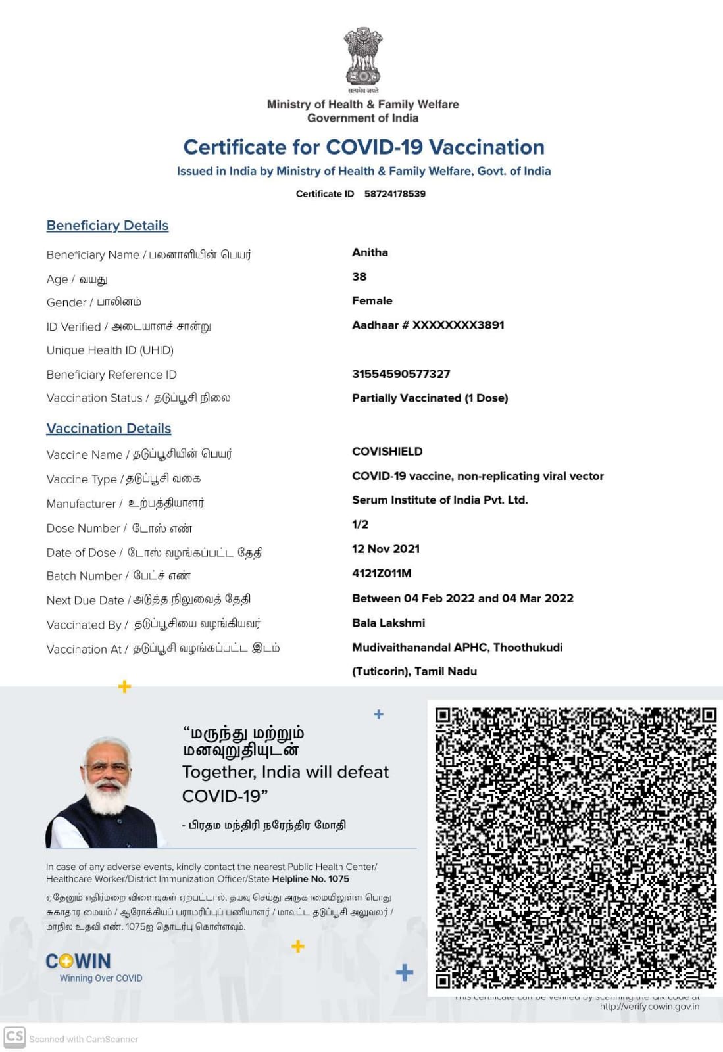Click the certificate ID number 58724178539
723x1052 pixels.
[x=395, y=194]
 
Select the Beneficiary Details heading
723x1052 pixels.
[x=107, y=226]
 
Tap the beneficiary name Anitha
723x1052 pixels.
[x=370, y=252]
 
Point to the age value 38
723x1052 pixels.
[x=359, y=277]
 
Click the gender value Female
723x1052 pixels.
[x=372, y=300]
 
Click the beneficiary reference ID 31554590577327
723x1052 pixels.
[x=401, y=374]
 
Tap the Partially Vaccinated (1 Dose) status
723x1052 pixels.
[x=430, y=398]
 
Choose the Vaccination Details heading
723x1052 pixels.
[x=109, y=429]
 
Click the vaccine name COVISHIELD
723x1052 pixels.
[x=387, y=452]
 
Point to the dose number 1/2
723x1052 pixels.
[x=360, y=525]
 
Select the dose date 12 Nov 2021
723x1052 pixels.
[x=386, y=549]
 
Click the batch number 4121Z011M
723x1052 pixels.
[x=382, y=573]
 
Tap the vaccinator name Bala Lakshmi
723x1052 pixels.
[x=388, y=623]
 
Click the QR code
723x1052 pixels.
[x=575, y=848]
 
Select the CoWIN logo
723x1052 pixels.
[x=78, y=961]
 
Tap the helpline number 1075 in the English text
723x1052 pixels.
[x=339, y=879]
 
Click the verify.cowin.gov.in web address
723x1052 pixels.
[x=649, y=1007]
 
